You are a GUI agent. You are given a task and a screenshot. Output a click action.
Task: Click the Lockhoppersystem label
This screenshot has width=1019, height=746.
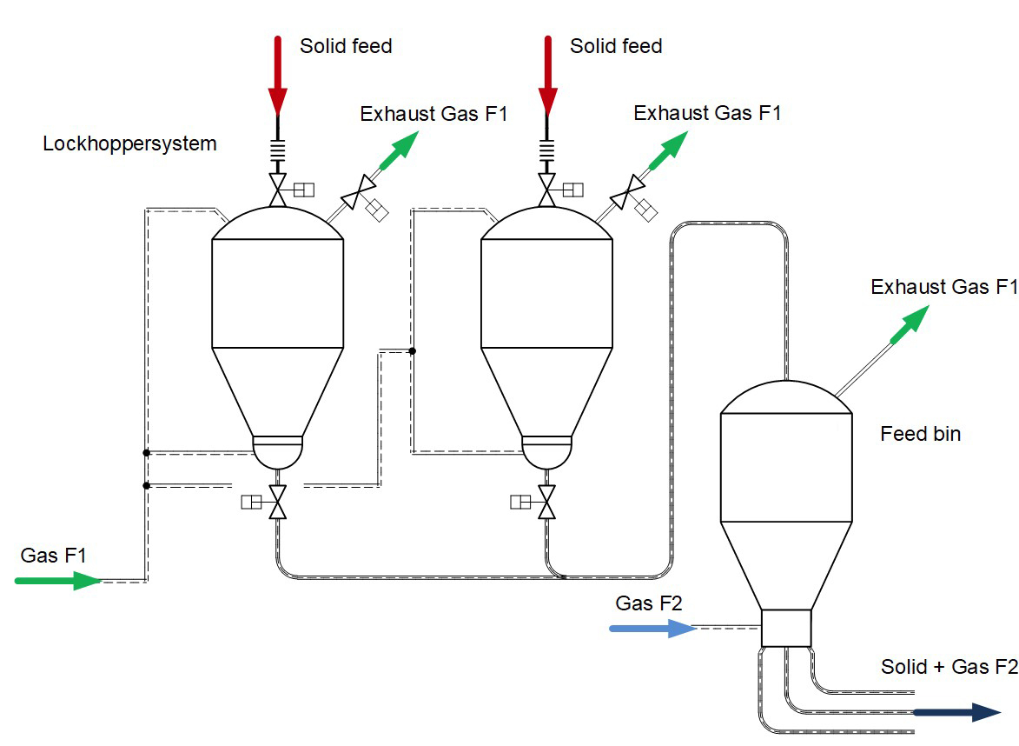point(129,143)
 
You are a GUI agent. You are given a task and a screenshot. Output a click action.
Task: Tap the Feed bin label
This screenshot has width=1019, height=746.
point(920,433)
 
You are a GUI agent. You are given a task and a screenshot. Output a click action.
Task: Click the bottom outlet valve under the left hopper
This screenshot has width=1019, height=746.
point(278,503)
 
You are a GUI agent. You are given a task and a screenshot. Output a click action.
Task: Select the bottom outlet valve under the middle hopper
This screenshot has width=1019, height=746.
point(547,503)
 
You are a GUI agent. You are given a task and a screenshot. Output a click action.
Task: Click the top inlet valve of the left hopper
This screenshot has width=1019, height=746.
point(278,190)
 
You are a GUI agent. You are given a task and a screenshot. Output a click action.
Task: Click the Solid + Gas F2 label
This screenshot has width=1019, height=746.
point(949,667)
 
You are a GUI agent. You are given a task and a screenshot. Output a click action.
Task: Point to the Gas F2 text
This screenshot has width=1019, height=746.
point(649,603)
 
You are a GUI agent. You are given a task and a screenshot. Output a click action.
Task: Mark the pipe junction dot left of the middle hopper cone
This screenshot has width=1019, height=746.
point(413,351)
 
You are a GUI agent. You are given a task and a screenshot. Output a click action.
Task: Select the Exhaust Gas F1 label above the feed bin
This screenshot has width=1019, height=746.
point(943,287)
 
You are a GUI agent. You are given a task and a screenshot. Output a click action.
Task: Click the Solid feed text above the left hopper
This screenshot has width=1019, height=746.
point(346,46)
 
